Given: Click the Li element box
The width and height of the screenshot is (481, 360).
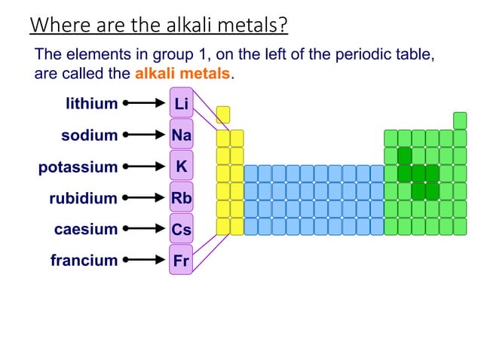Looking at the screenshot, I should tap(181, 103).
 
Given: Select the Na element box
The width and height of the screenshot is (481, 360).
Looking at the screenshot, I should tap(181, 135).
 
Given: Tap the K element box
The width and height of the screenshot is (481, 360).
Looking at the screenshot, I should tap(181, 166).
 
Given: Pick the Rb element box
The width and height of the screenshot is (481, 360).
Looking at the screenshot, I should tap(181, 197).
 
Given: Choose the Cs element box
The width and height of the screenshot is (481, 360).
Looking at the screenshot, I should tap(181, 228).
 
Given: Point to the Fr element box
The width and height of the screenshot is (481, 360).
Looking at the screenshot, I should tap(181, 260).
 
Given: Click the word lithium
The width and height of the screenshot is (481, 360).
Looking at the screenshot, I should tap(91, 104).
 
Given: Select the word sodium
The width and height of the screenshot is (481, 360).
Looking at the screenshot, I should tap(89, 136).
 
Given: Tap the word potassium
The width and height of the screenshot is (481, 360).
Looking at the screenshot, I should tap(78, 166).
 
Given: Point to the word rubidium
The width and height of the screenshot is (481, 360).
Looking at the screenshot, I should tap(83, 198).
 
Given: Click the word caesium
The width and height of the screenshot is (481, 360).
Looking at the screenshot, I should tap(86, 229).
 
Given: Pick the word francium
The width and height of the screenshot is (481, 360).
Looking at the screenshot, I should tap(84, 261).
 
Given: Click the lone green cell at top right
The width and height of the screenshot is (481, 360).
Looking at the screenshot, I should tap(460, 120).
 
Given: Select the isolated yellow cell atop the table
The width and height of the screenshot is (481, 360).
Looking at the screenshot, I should tap(223, 114).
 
